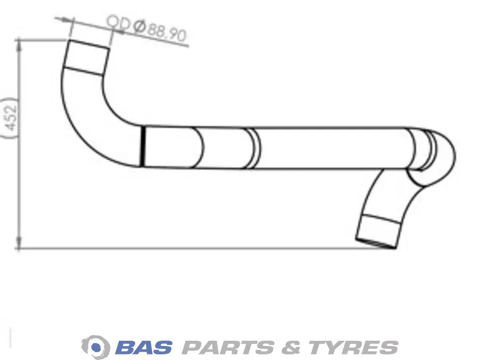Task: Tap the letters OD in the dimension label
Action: (119, 23)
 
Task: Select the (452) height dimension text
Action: (10, 118)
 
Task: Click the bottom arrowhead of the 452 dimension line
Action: (20, 242)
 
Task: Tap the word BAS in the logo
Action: (144, 347)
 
